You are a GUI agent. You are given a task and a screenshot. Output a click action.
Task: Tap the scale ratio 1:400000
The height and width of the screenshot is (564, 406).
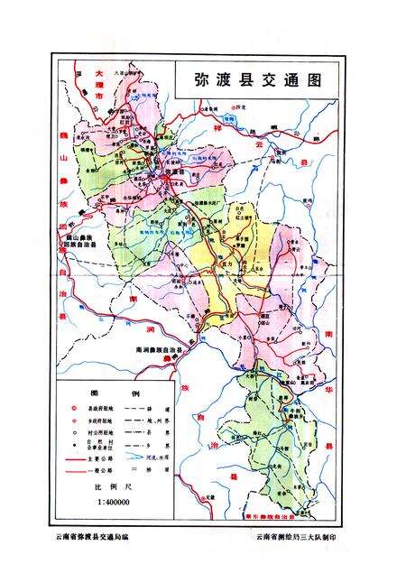(x=108, y=501)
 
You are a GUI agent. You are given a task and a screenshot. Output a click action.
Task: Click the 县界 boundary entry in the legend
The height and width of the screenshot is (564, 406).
(x=159, y=434)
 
